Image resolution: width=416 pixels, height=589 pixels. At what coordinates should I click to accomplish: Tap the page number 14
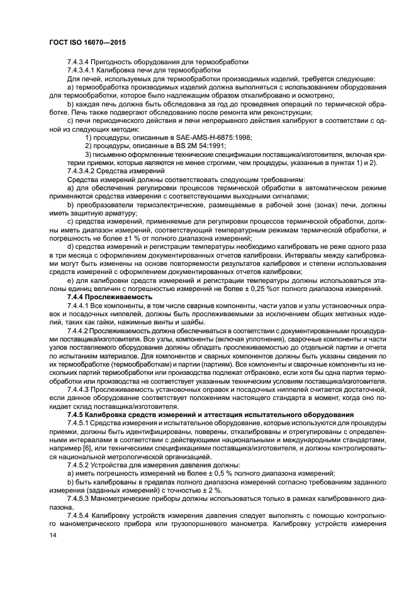tap(52, 534)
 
